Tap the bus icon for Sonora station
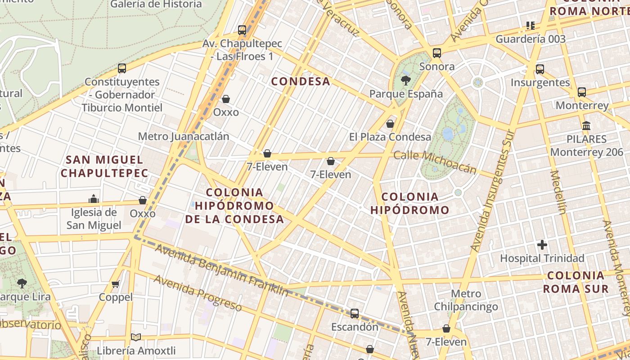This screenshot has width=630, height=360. (x=437, y=53)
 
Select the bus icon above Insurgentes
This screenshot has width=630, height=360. (x=540, y=69)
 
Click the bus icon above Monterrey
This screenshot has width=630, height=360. (x=582, y=92)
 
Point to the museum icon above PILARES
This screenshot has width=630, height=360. (x=586, y=126)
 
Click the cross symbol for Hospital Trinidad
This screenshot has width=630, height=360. (x=542, y=245)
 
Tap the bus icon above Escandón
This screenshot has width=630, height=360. (x=355, y=314)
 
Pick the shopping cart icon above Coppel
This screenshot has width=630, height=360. (x=116, y=284)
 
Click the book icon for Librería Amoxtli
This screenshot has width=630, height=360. (x=136, y=337)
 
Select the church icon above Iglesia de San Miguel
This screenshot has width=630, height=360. (x=94, y=199)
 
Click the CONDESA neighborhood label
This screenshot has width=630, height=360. (x=301, y=81)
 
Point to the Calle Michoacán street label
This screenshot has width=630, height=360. (x=435, y=162)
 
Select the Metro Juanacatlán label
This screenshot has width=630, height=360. (x=184, y=136)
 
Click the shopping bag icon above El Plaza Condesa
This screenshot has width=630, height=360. (x=390, y=124)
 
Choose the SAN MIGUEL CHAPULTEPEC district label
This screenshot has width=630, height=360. (x=104, y=166)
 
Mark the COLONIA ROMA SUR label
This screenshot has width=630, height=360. (x=576, y=282)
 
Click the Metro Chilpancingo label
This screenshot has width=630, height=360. (x=466, y=300)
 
